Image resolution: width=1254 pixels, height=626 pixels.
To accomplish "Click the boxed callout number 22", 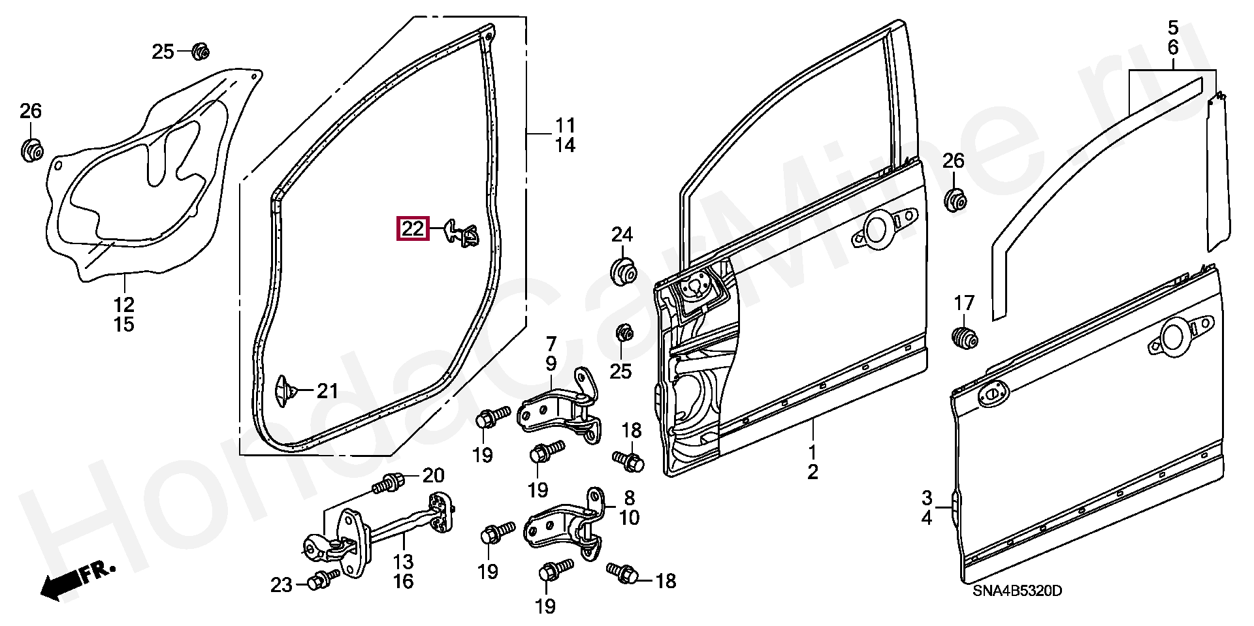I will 413,229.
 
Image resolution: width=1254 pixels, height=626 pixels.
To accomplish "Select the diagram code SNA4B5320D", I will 1017,591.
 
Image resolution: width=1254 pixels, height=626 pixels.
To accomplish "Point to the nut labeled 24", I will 622,272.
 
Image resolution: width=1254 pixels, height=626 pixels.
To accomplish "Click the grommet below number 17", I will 963,338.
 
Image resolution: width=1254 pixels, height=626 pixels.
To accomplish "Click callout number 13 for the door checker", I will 404,561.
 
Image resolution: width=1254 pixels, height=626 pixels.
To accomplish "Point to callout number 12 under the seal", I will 124,304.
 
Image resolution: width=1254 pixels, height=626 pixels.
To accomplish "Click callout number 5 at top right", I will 1173,28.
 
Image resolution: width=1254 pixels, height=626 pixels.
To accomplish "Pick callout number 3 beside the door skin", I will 927,499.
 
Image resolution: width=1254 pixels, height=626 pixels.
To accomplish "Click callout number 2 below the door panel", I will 812,472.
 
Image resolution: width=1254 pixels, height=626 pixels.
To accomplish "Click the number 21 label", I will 327,391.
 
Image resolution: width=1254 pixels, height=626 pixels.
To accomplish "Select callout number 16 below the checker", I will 404,581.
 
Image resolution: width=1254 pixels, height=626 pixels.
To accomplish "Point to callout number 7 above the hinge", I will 551,343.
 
